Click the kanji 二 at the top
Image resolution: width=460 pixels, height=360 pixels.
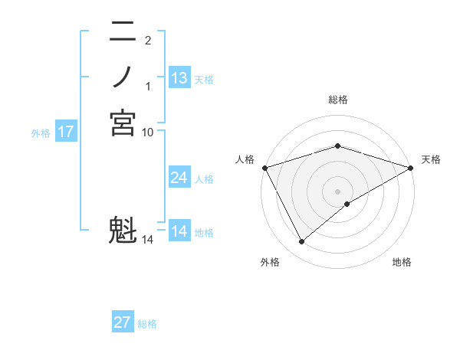coord(123,32)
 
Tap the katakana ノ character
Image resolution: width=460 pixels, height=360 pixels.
coord(123,77)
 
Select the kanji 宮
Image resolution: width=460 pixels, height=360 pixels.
coord(123,123)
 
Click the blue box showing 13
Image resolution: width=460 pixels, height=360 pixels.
coord(179,78)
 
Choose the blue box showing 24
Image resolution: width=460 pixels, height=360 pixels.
coord(179,178)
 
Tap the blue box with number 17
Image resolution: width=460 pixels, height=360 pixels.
coord(66,132)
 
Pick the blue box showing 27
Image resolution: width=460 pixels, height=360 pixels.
coord(123,322)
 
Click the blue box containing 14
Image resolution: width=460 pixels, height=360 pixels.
coord(179,231)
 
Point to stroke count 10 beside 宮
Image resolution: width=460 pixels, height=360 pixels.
coord(148,133)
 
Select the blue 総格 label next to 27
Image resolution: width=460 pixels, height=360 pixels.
coord(147,324)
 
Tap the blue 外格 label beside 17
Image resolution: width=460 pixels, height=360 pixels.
coord(41,133)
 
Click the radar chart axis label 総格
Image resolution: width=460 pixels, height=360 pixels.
coord(337,100)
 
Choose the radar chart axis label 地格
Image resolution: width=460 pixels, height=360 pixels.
coord(402,262)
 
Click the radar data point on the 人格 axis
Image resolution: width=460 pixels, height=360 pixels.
coord(264,167)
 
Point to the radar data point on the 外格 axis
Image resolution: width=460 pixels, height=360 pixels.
coord(302,242)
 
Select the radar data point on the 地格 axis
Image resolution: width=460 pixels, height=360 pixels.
coord(347,204)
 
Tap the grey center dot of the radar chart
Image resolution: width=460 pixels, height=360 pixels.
coord(337,191)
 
